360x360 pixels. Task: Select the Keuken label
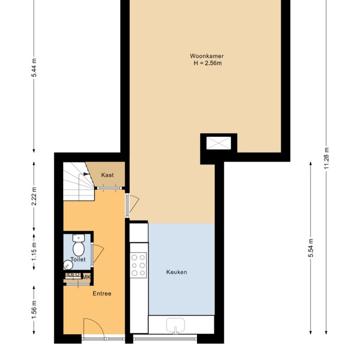pos(176,272)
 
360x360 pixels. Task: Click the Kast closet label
pos(107,175)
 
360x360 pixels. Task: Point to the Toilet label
pos(78,260)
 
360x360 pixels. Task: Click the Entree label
pos(102,294)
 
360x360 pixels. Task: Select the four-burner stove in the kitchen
pos(138,265)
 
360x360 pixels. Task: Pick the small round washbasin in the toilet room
pos(68,265)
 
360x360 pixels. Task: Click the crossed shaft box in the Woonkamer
pos(219,142)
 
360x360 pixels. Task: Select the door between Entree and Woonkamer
pos(131,204)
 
